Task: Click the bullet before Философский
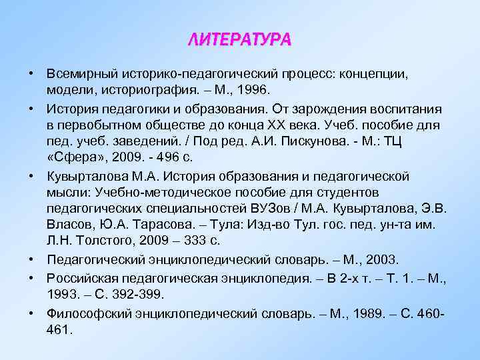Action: point(32,312)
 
